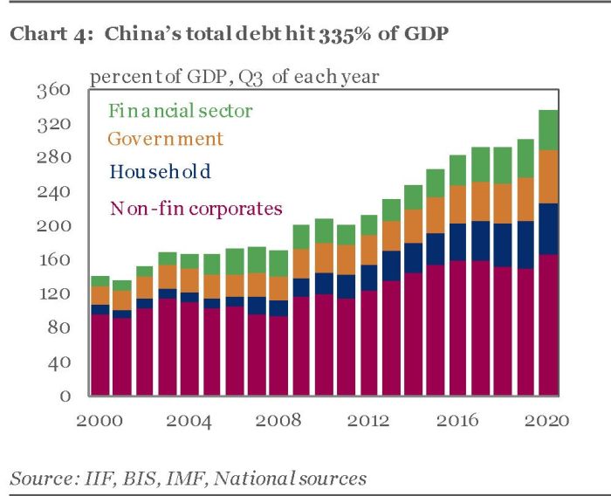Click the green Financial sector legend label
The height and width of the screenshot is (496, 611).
coord(180,111)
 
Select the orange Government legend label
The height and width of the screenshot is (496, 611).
coord(165,139)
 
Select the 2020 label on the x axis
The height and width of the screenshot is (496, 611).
coord(548,420)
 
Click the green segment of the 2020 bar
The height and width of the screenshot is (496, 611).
coord(548,130)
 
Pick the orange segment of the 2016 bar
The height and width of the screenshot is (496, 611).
coord(458,204)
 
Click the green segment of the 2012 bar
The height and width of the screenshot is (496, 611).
coord(368,225)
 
